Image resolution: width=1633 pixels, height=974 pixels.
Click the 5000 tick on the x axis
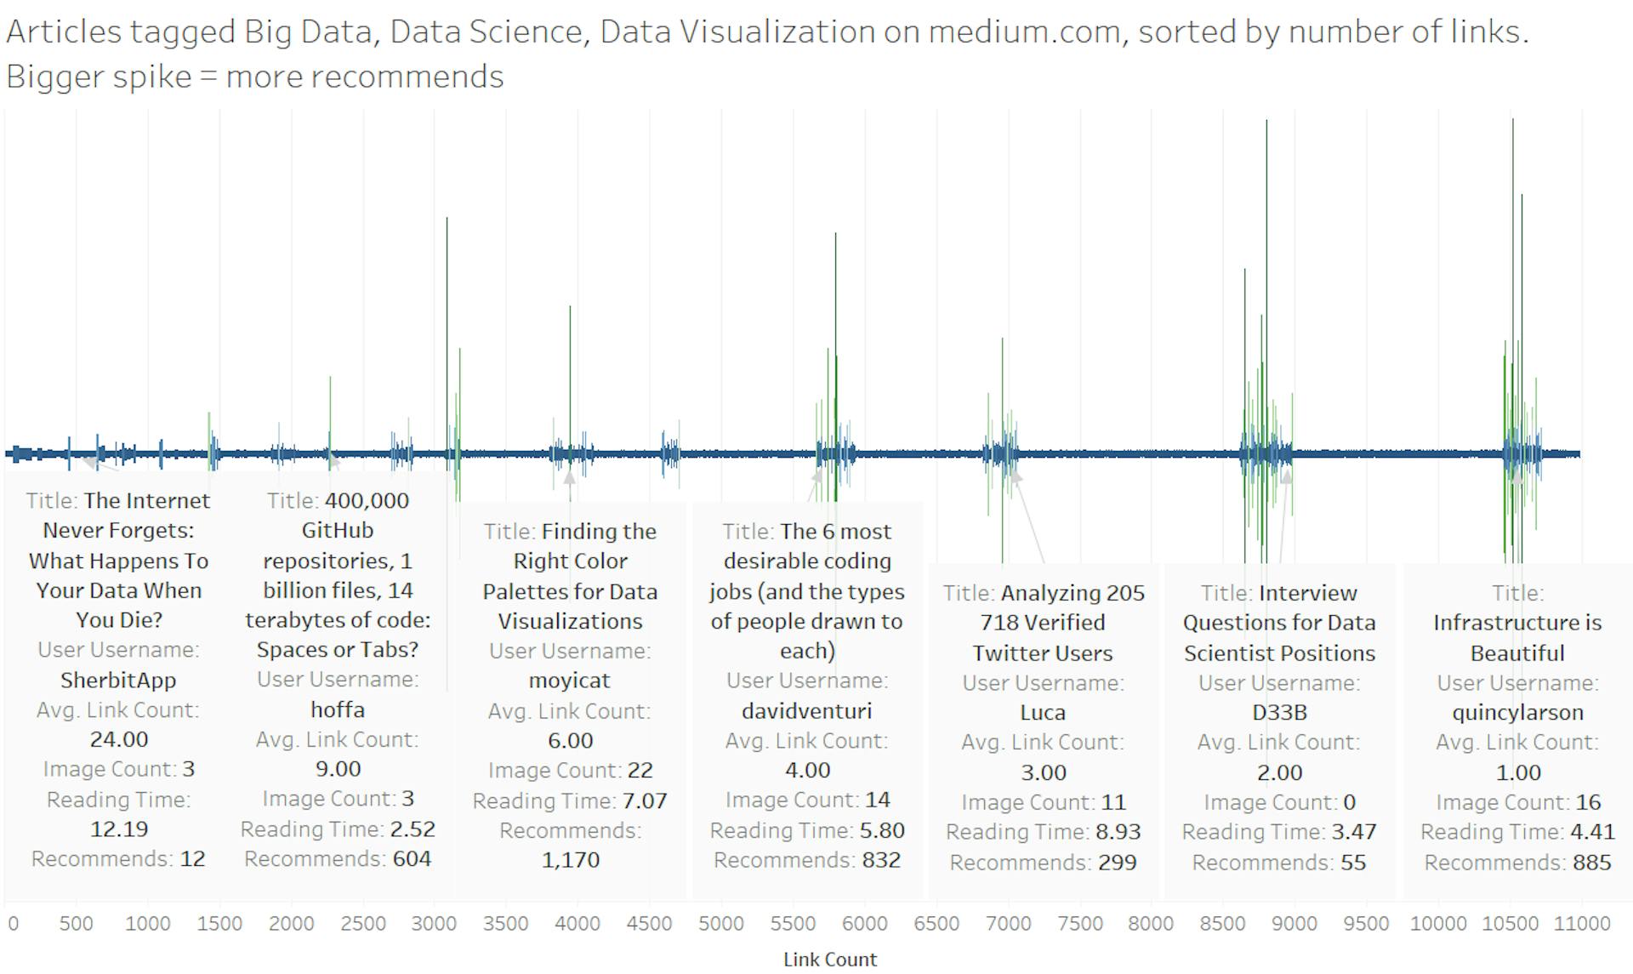721,924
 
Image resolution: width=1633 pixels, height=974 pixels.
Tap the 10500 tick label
1510,924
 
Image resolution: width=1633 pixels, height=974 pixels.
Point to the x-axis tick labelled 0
13,924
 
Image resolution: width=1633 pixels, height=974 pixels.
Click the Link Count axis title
829,960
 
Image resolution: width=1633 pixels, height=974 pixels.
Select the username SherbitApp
118,680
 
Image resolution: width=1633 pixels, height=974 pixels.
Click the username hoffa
338,709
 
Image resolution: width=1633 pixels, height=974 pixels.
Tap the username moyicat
569,681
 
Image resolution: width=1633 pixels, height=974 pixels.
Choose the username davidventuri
806,710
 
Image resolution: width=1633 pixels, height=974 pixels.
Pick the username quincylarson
1517,712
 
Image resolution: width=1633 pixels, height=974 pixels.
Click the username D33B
1279,712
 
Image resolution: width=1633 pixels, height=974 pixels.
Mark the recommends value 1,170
570,860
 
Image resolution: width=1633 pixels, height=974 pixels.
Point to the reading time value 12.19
119,829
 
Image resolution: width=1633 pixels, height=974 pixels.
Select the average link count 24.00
119,739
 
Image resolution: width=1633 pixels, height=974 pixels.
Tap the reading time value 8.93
1118,832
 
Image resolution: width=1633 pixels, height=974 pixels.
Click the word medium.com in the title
1023,31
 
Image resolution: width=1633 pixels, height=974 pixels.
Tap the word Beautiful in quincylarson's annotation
1517,653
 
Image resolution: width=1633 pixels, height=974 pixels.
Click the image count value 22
640,771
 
